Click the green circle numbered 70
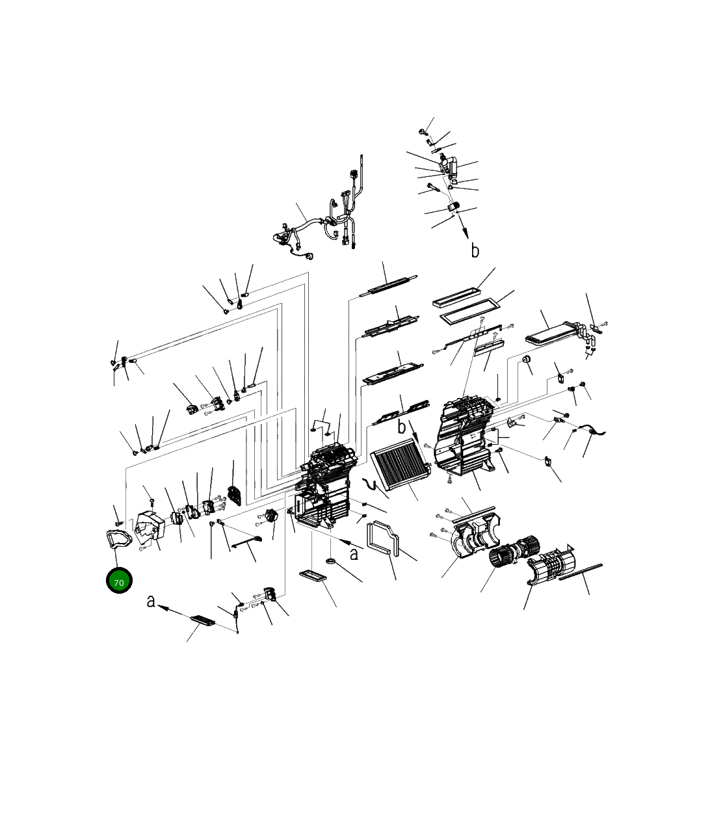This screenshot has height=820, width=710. click(119, 581)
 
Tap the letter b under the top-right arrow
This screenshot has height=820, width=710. click(475, 250)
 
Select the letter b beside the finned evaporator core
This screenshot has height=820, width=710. click(401, 427)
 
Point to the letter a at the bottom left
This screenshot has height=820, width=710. click(151, 602)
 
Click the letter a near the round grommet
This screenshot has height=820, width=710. click(354, 555)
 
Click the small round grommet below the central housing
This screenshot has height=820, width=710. click(331, 561)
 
